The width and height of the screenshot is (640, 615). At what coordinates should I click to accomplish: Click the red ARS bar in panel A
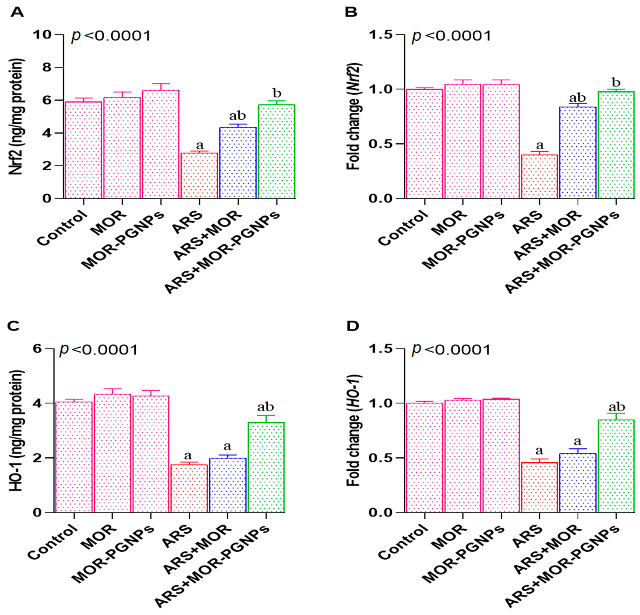199,176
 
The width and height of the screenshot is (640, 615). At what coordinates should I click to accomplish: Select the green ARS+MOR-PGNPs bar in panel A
277,151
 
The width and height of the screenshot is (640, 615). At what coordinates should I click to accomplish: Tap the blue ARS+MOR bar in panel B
578,153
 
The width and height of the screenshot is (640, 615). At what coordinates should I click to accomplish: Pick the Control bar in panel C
74,457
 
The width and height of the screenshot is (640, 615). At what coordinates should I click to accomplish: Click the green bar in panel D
616,466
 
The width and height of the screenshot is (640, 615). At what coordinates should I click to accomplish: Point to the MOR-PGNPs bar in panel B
501,141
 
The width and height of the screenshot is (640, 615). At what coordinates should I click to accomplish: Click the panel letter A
17,13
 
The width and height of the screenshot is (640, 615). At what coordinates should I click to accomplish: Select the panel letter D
352,326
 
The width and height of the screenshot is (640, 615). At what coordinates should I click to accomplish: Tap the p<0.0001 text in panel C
99,350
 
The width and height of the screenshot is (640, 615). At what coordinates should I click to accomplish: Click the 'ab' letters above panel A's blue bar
237,116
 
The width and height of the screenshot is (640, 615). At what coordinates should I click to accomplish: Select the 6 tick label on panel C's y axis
38,349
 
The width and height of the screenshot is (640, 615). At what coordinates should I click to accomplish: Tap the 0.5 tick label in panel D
381,458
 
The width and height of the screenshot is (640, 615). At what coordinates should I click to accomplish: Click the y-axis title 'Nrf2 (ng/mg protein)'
16,117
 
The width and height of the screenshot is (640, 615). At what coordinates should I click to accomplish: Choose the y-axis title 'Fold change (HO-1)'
354,430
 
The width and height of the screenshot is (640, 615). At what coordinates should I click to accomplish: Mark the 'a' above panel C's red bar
188,456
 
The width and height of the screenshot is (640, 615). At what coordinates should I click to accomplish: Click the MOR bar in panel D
463,456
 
